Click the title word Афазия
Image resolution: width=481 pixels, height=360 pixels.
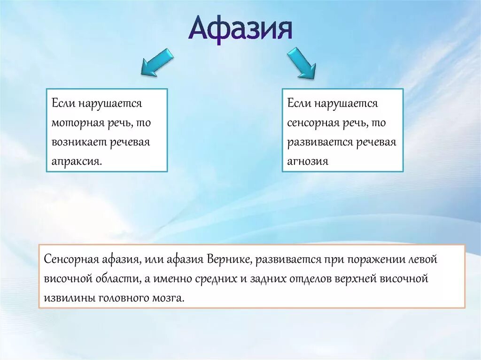[x=240, y=29]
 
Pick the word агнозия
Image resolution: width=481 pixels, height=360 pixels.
[x=308, y=161]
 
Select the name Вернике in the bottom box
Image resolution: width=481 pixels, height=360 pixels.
[x=223, y=260]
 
